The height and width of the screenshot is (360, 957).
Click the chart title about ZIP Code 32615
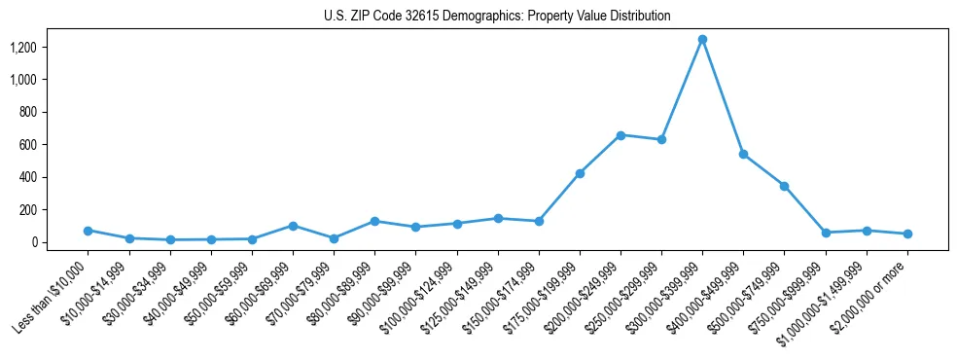(497, 17)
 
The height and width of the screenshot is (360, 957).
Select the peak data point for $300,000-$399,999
(702, 39)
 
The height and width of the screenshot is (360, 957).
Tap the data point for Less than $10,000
(88, 231)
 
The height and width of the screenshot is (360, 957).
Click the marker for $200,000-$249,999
(620, 135)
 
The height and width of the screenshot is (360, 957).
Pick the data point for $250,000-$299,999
(661, 140)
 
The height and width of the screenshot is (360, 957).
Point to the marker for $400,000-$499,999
(743, 154)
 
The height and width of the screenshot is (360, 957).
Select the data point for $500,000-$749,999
(784, 186)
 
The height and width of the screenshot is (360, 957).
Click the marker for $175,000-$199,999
(580, 173)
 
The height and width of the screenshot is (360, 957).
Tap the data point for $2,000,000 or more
(907, 234)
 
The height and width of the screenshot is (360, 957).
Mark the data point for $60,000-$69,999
(293, 226)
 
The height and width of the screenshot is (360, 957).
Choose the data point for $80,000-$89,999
(374, 221)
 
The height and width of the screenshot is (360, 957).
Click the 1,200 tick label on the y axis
(23, 47)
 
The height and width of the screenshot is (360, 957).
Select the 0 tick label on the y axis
(33, 242)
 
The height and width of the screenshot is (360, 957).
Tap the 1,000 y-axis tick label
(23, 80)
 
